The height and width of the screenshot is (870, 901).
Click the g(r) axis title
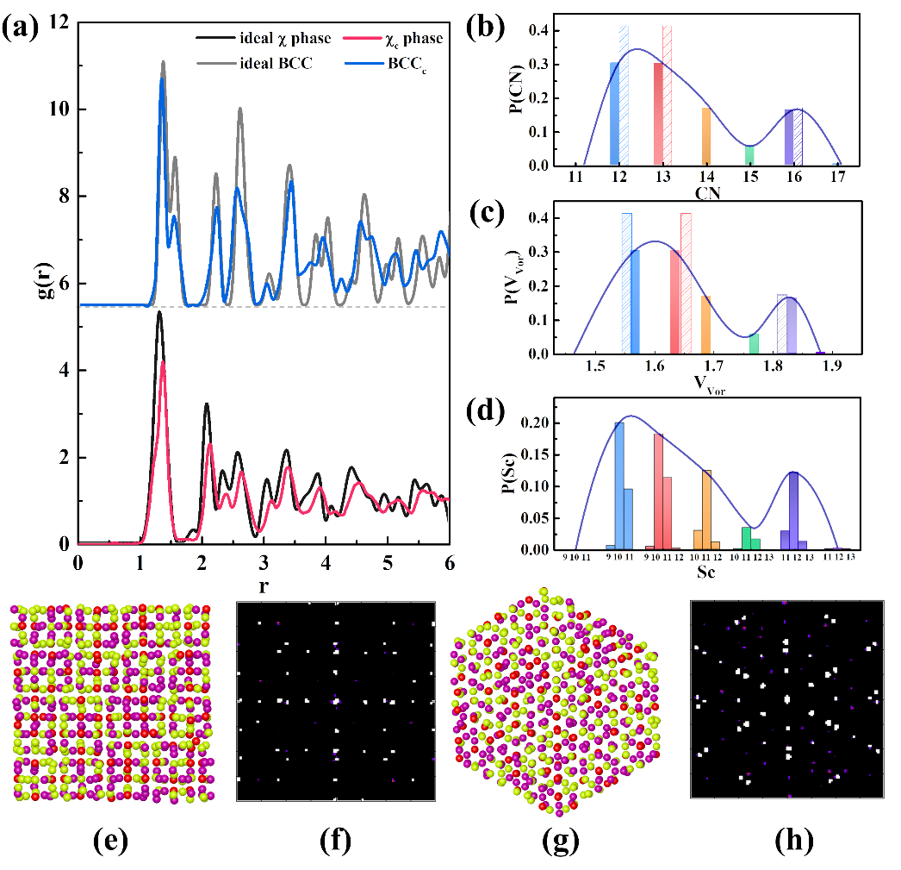[22, 285]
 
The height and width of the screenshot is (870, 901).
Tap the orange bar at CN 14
[706, 136]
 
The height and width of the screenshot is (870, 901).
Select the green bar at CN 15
[749, 155]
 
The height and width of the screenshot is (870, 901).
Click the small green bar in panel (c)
[755, 344]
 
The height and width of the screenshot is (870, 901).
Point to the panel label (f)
[332, 842]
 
